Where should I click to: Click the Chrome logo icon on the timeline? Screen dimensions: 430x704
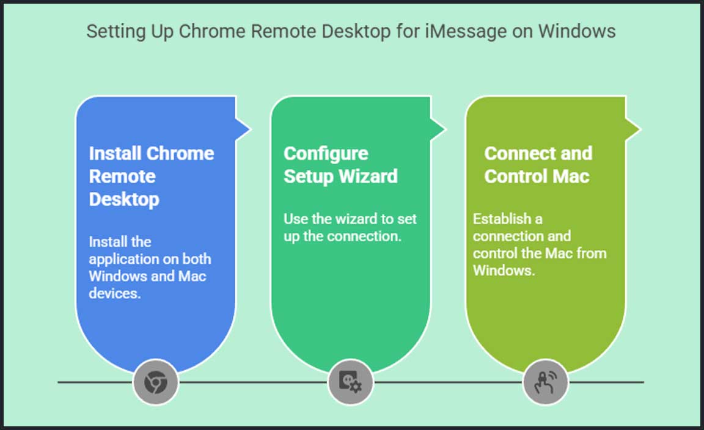[156, 383]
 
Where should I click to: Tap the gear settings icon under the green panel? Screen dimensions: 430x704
[350, 383]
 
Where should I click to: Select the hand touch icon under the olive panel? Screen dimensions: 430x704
[545, 383]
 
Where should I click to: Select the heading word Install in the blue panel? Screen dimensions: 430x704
[116, 153]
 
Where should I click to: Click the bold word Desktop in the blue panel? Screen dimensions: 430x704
[124, 199]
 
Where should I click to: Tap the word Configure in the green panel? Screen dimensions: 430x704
[326, 153]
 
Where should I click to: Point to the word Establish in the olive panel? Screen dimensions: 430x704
[499, 219]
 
